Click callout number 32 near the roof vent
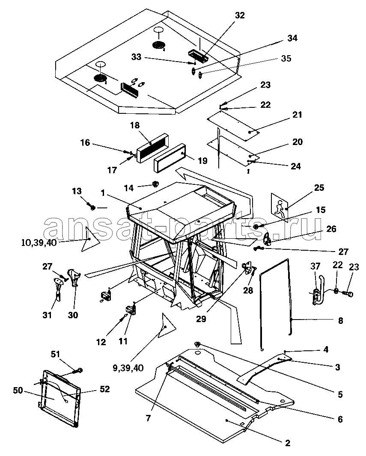pos(240,15)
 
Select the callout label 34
pos(292,38)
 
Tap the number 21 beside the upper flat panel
pos(297,115)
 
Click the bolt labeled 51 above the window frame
pos(80,370)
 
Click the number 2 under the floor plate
pos(288,443)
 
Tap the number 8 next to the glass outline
pos(340,320)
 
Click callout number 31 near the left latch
pos(47,315)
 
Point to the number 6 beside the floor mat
pos(340,419)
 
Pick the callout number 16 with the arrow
pos(85,142)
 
